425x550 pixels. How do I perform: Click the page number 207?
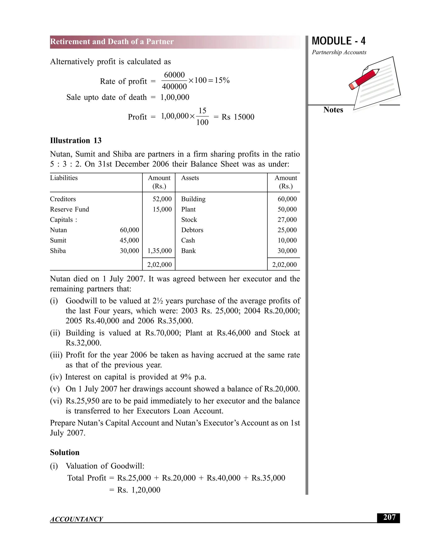(x=389, y=517)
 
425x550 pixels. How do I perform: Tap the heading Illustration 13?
(x=76, y=141)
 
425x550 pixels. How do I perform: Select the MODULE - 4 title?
(x=338, y=41)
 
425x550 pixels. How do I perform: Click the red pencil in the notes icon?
(x=364, y=79)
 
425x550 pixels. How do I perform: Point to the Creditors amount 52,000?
(x=162, y=199)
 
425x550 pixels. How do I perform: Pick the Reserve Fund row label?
(x=70, y=209)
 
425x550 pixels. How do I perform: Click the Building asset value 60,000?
(x=287, y=199)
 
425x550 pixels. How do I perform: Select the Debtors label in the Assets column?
(x=192, y=230)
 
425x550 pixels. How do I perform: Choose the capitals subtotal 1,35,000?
(x=159, y=251)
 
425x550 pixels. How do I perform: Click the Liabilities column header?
(x=64, y=178)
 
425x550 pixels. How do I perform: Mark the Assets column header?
(x=190, y=178)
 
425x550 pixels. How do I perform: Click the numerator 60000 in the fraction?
(x=174, y=75)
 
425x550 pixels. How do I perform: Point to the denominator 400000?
(x=174, y=87)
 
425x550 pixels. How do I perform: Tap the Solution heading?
(x=65, y=452)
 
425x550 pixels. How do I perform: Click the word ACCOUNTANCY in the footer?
(x=76, y=519)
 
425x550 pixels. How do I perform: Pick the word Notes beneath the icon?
(x=333, y=110)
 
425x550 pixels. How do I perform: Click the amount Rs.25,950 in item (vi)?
(x=82, y=401)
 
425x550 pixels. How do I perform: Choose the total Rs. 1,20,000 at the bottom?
(x=139, y=490)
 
